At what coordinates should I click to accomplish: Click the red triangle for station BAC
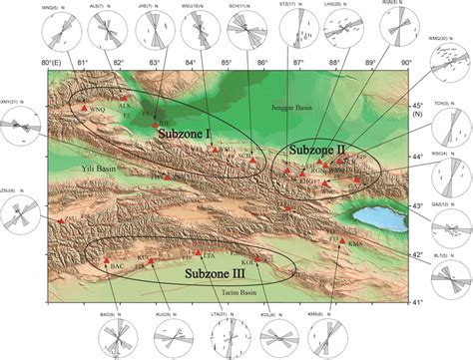point(105,262)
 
